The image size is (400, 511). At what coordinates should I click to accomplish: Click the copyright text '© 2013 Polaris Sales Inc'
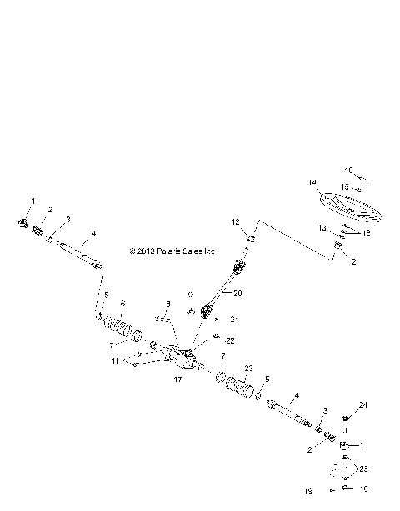172,251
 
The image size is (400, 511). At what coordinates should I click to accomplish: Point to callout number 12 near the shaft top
236,221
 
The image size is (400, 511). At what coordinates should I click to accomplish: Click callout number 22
230,340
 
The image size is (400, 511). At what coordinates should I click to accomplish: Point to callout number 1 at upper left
34,201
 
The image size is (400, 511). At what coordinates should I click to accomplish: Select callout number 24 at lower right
363,405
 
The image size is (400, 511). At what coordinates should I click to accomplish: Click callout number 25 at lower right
362,469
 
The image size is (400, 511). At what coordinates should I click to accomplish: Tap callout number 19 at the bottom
307,492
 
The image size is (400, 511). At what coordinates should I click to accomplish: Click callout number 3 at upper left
68,219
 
